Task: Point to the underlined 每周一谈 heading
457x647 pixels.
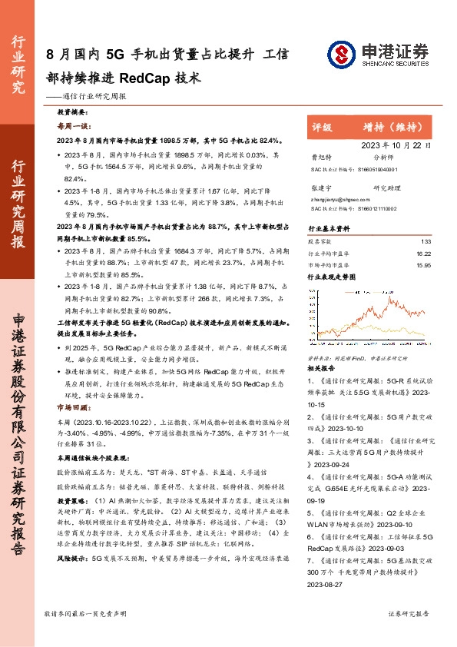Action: [74, 126]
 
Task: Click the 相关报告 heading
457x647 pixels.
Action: [321, 369]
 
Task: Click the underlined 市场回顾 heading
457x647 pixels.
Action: [71, 407]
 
